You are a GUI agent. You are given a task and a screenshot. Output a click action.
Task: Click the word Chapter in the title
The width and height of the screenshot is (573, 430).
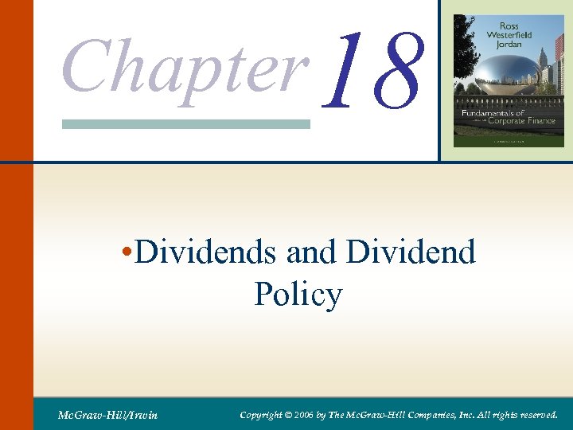pyautogui.click(x=185, y=65)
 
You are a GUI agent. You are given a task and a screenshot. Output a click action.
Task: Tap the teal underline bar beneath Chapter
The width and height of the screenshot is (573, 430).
pyautogui.click(x=185, y=124)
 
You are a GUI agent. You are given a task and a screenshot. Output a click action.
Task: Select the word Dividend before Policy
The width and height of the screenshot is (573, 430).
pyautogui.click(x=411, y=253)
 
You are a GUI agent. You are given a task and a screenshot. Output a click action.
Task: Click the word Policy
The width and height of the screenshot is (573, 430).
pyautogui.click(x=298, y=295)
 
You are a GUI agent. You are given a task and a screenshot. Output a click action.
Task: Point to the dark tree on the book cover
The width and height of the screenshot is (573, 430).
pyautogui.click(x=463, y=40)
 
